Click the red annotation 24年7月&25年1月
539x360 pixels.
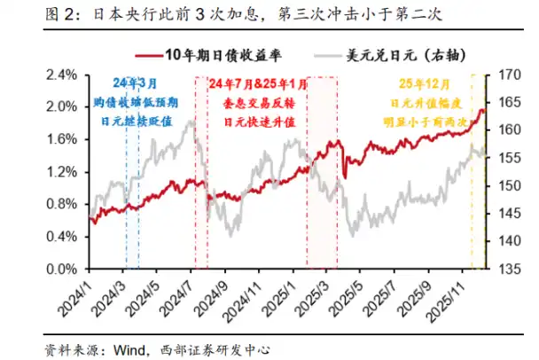pos(259,83)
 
